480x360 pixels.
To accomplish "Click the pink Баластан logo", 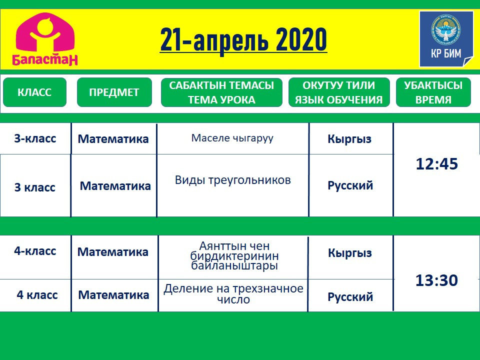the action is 44,39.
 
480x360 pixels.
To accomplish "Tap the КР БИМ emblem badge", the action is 446,39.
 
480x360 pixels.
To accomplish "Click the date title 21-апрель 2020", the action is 243,39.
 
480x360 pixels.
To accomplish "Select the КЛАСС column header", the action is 34,92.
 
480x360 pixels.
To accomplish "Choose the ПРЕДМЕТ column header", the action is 114,92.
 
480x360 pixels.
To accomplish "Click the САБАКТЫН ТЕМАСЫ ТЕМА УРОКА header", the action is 221,92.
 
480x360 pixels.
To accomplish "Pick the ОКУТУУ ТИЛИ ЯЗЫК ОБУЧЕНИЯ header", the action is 339,92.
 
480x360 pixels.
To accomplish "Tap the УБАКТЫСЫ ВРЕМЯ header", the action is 433,92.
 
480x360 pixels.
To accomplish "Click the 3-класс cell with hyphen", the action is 35,138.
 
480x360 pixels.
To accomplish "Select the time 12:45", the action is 437,164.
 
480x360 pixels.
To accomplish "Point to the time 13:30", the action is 436,280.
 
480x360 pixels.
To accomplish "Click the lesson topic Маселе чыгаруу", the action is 232,138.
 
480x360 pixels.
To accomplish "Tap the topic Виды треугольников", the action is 232,180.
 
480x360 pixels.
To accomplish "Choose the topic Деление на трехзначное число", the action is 233,293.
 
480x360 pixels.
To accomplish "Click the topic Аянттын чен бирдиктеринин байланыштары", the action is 234,255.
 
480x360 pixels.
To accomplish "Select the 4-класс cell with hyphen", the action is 35,251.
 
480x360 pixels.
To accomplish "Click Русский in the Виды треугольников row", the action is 350,185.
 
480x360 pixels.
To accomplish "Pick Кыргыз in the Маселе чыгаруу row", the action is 349,139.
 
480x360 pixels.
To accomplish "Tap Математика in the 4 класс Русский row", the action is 113,295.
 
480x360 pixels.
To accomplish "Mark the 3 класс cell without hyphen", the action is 35,187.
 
